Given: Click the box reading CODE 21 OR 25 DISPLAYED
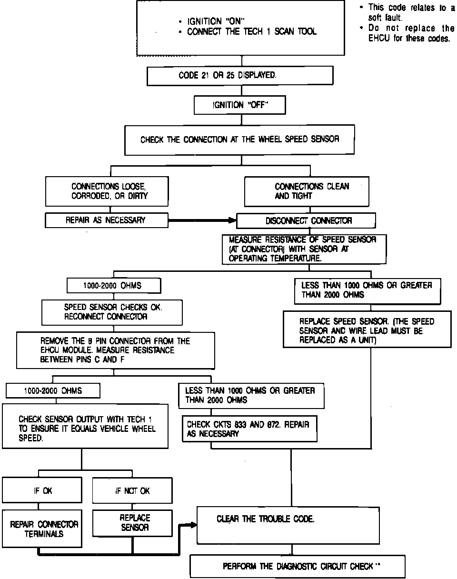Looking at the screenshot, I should pos(239,75).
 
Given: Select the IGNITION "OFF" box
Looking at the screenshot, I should pos(239,105).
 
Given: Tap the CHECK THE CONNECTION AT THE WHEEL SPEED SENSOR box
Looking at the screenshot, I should pos(239,140).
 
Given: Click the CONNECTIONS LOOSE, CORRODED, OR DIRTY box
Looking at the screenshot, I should pos(107,191).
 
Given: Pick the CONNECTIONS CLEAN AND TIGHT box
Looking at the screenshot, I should pos(306,191).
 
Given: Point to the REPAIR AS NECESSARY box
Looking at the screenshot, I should pos(107,220).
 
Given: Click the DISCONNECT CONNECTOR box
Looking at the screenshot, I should pos(306,220).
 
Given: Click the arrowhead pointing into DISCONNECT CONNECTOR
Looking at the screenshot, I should pos(232,220).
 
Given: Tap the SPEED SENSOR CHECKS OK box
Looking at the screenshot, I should pos(112,312).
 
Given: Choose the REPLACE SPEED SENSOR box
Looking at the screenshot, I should pos(367,329).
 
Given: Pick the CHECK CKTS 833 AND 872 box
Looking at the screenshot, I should pos(249,429).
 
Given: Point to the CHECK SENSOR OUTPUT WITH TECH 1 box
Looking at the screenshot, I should pos(85,426).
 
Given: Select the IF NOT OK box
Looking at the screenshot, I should pos(132,490).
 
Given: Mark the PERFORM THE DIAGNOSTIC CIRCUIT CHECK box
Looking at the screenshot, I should pos(298,566).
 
